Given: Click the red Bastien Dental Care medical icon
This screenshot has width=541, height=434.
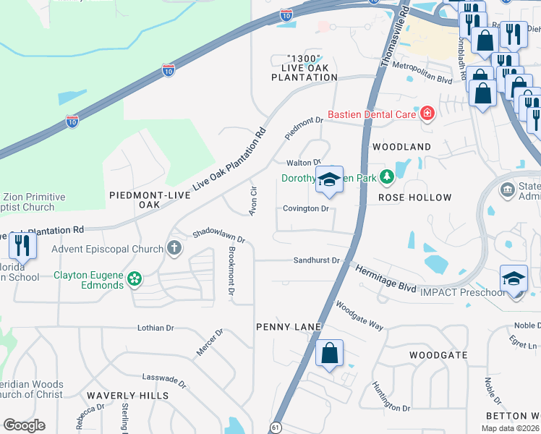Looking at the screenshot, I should (x=427, y=114).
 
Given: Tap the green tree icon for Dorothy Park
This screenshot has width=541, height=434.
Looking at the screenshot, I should (x=387, y=176).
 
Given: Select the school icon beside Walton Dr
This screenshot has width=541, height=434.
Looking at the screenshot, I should (x=329, y=179).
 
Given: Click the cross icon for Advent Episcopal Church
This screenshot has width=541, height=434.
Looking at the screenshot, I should (x=174, y=249).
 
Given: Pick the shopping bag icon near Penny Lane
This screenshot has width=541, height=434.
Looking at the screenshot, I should (x=329, y=354).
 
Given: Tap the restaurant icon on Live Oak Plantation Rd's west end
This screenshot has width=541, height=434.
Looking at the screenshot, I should (x=23, y=246).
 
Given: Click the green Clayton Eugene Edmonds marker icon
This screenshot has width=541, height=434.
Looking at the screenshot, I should (x=134, y=278).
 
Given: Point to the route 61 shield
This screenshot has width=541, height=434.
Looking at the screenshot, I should (x=276, y=427).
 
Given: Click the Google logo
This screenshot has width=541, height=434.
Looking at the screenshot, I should (x=24, y=425).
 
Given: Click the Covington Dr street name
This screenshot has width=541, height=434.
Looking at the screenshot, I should (x=305, y=209).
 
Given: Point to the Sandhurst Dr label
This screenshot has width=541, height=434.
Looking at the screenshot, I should (x=316, y=260).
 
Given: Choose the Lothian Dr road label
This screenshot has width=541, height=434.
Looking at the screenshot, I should (x=156, y=328).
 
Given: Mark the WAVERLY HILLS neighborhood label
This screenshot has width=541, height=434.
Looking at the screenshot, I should (x=127, y=396).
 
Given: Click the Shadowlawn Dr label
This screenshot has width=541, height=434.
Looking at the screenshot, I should (x=218, y=237).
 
